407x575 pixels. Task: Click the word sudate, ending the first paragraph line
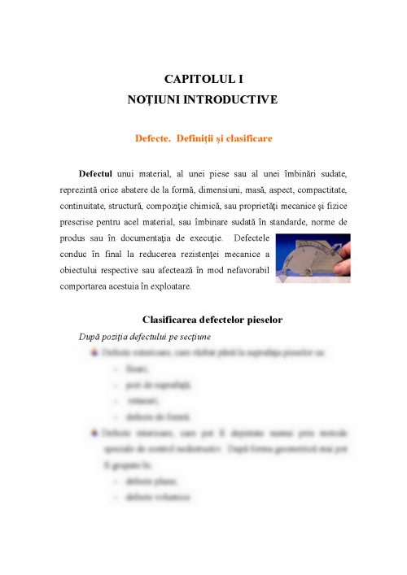[x=330, y=174]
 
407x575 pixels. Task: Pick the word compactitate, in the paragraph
[x=319, y=190]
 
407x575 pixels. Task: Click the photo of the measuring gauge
[x=313, y=259]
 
